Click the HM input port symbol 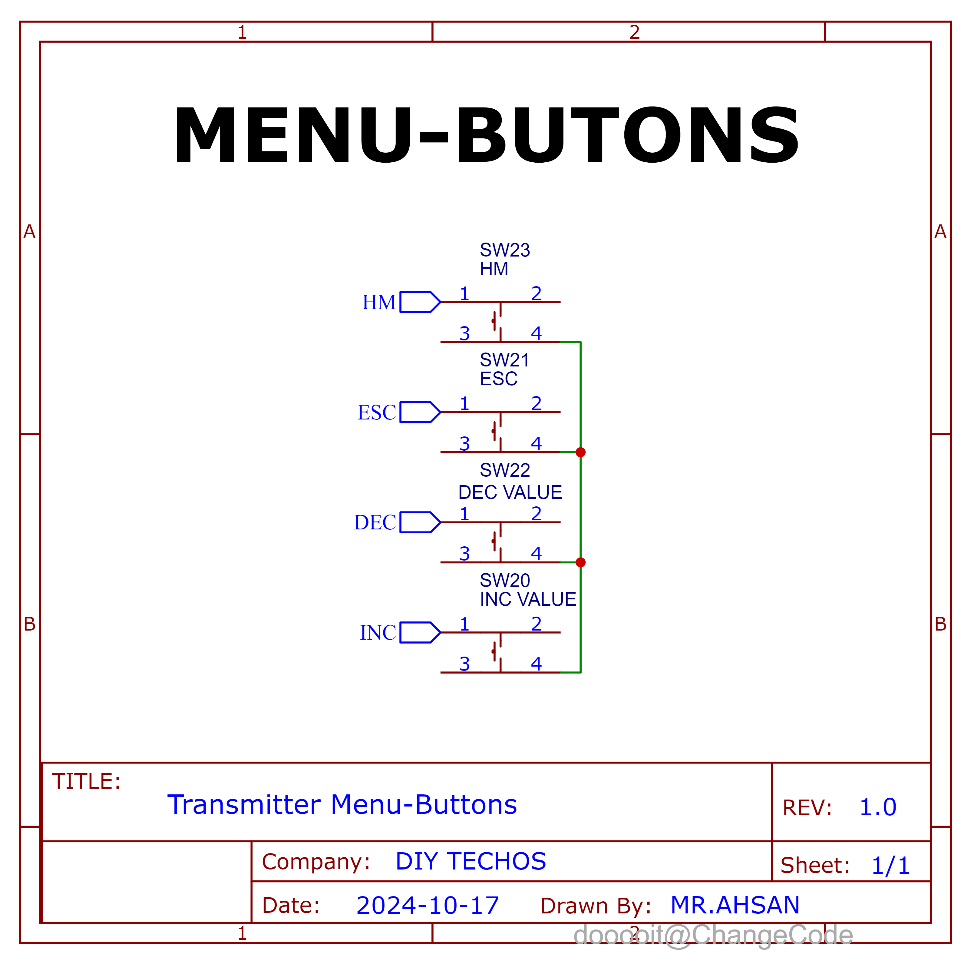419,302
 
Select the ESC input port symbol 419,412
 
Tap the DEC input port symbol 419,522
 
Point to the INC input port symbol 419,632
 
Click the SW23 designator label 505,250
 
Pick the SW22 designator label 505,470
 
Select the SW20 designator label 505,581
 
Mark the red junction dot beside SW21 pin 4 580,452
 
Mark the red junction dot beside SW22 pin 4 580,562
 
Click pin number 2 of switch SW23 536,293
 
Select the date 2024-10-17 427,906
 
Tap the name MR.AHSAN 735,905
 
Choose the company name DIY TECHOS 471,861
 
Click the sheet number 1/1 890,866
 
